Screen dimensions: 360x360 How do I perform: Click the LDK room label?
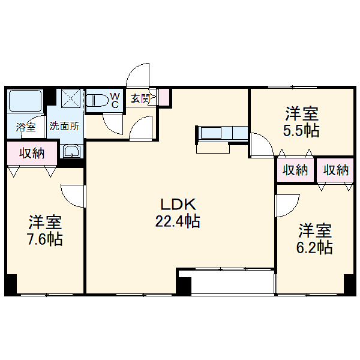click(178, 204)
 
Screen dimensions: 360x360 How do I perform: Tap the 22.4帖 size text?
click(178, 221)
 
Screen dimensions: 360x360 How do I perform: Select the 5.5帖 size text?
click(302, 130)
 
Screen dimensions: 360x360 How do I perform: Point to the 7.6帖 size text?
click(45, 239)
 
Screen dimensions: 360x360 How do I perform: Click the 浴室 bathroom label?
click(26, 127)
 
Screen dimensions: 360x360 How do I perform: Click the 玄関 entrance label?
click(140, 97)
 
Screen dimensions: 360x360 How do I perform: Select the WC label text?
click(116, 100)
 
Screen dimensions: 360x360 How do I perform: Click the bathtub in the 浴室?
click(25, 101)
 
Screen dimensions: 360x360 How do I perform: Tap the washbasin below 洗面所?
click(71, 152)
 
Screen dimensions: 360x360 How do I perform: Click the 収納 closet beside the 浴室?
click(32, 153)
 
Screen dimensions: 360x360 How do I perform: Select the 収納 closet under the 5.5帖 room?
click(295, 170)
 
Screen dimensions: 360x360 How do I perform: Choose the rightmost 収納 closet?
click(335, 170)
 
